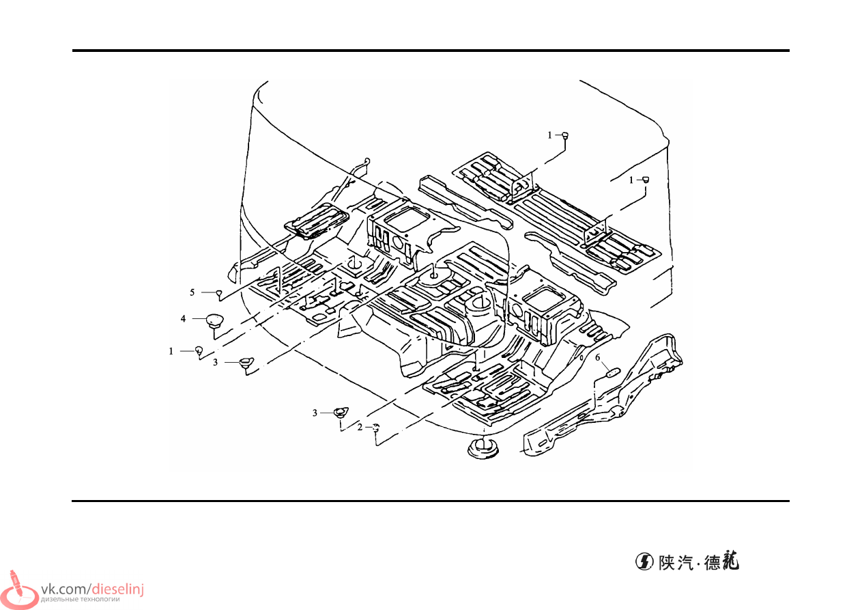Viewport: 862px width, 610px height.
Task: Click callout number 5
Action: pos(192,292)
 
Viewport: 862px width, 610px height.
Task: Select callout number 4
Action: pos(183,318)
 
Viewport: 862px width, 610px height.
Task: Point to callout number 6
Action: pos(598,357)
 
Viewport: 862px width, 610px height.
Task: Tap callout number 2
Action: pos(360,427)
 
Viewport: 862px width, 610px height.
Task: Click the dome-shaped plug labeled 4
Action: pos(215,321)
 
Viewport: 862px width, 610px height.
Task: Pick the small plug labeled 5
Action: pos(219,294)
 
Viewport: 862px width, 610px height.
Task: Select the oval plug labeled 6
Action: pos(613,372)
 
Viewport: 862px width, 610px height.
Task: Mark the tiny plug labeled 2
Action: pos(376,427)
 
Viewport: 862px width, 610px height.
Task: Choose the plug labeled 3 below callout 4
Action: pos(246,363)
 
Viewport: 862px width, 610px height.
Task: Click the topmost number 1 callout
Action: pos(549,135)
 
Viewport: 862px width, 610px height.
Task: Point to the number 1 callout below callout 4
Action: pos(171,351)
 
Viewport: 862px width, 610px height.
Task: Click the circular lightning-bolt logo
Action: pos(644,562)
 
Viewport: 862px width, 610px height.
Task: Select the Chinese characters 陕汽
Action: pos(676,563)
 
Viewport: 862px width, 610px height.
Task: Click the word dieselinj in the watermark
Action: pos(118,590)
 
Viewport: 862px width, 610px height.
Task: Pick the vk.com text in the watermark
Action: pos(65,590)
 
